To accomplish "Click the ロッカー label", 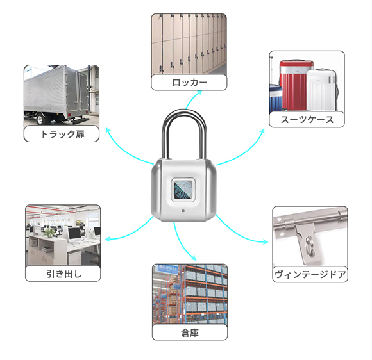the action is [x=190, y=83].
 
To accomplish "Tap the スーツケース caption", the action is [x=307, y=119].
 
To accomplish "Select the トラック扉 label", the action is [x=62, y=134].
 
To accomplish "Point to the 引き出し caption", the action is [x=63, y=274].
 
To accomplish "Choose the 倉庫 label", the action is [x=190, y=332].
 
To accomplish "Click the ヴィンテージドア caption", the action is [x=310, y=274].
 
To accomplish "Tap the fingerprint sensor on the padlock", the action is [x=183, y=190].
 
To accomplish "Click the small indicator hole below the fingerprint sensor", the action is [x=183, y=211].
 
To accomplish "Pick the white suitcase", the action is [x=322, y=90].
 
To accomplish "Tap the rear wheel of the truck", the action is [x=40, y=119].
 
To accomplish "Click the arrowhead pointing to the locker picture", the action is [x=199, y=93].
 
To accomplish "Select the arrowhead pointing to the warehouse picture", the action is [x=193, y=258].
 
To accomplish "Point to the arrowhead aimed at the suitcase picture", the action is [x=262, y=131].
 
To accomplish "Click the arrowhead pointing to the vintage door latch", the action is [x=265, y=241].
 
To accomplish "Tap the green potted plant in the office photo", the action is [x=49, y=233].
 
